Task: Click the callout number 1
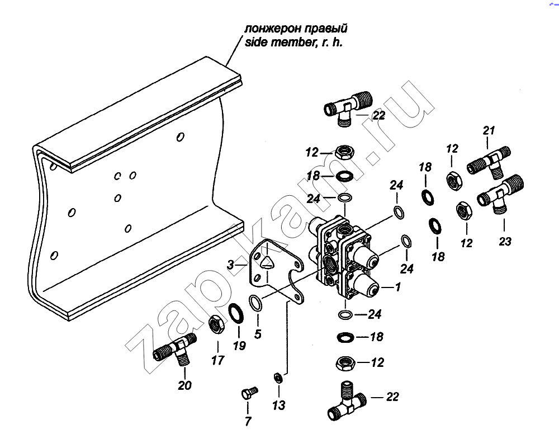point(398,287)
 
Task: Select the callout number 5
point(258,335)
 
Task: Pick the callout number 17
point(218,360)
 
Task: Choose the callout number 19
point(239,346)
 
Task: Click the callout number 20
point(184,385)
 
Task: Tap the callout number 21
point(489,130)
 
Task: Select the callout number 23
point(505,242)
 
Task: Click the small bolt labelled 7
point(248,393)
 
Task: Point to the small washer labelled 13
point(278,378)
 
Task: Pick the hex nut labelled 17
point(216,323)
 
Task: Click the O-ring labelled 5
point(255,302)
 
